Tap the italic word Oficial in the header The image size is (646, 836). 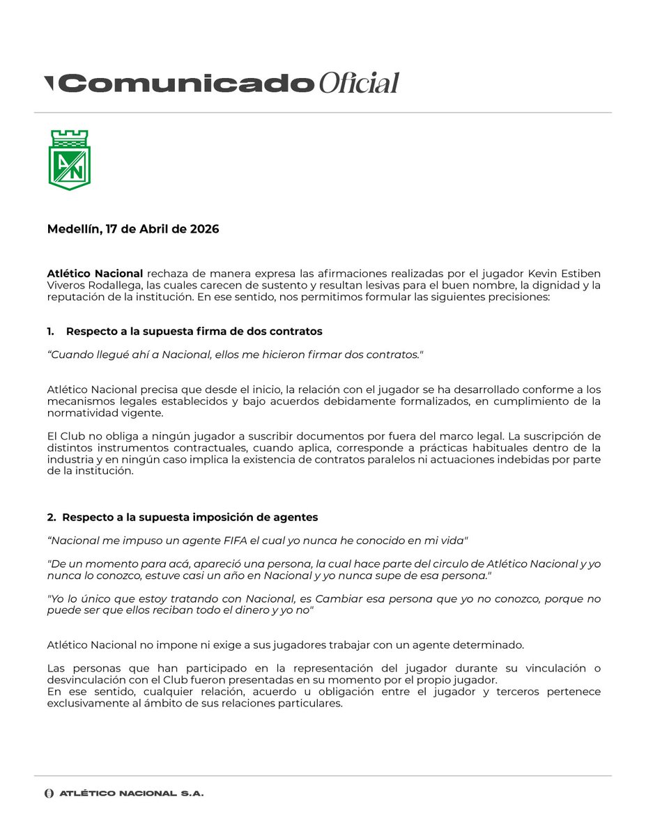(x=358, y=84)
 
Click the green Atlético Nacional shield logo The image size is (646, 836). (x=69, y=160)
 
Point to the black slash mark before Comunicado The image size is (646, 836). (x=49, y=84)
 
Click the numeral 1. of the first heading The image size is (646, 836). (x=52, y=332)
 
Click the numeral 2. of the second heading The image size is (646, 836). (x=52, y=517)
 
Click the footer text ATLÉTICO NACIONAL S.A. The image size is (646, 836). (x=131, y=794)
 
